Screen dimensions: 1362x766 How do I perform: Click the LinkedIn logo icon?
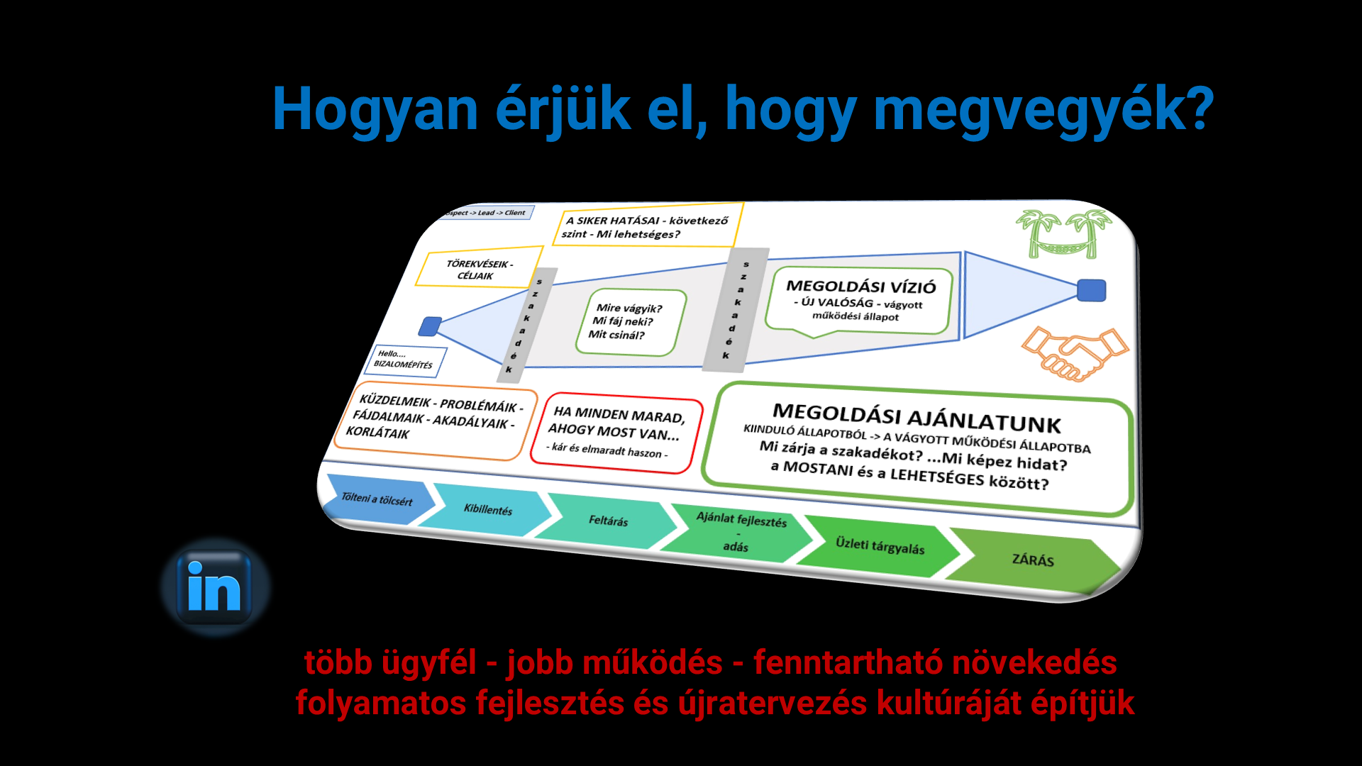(215, 587)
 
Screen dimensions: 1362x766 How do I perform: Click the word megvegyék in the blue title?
(1044, 110)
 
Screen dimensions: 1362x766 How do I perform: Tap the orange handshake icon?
(1075, 353)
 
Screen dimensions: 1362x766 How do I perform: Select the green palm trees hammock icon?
(1063, 233)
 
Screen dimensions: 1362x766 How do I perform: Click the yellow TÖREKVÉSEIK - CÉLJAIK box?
(479, 267)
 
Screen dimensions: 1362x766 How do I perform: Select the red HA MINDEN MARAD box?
(616, 432)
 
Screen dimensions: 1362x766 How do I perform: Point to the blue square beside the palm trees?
(1091, 291)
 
